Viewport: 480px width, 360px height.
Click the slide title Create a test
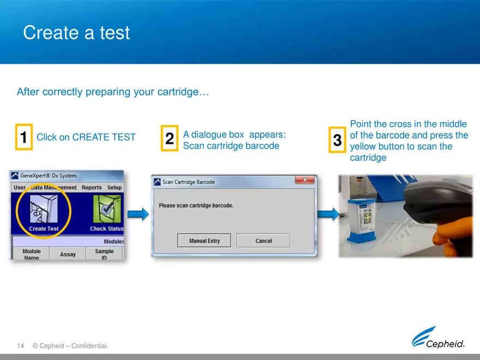tap(76, 33)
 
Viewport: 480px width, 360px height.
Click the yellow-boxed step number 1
tap(24, 137)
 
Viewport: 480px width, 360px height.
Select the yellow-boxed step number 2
tap(170, 139)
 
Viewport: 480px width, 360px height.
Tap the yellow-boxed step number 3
tap(337, 140)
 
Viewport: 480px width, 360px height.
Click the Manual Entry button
tap(204, 241)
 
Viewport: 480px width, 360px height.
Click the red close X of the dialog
tap(304, 180)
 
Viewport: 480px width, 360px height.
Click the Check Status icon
tap(106, 210)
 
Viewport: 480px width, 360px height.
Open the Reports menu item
tap(92, 188)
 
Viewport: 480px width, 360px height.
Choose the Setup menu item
tap(115, 188)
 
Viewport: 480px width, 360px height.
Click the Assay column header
tap(68, 254)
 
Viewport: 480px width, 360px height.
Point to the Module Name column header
tap(32, 255)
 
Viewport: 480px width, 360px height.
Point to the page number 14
tap(21, 346)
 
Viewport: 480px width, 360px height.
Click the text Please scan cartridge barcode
tap(196, 206)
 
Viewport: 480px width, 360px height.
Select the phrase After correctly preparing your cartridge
tap(113, 92)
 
